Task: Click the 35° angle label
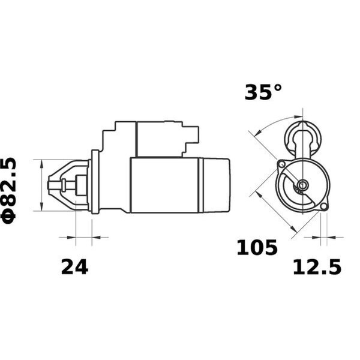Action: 263,92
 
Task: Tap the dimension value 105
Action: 257,247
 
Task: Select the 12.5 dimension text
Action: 316,266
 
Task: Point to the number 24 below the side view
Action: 74,266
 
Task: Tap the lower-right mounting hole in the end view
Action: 324,206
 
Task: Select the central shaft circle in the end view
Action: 302,185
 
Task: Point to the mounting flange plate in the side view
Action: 94,181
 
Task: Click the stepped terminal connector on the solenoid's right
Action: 191,139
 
